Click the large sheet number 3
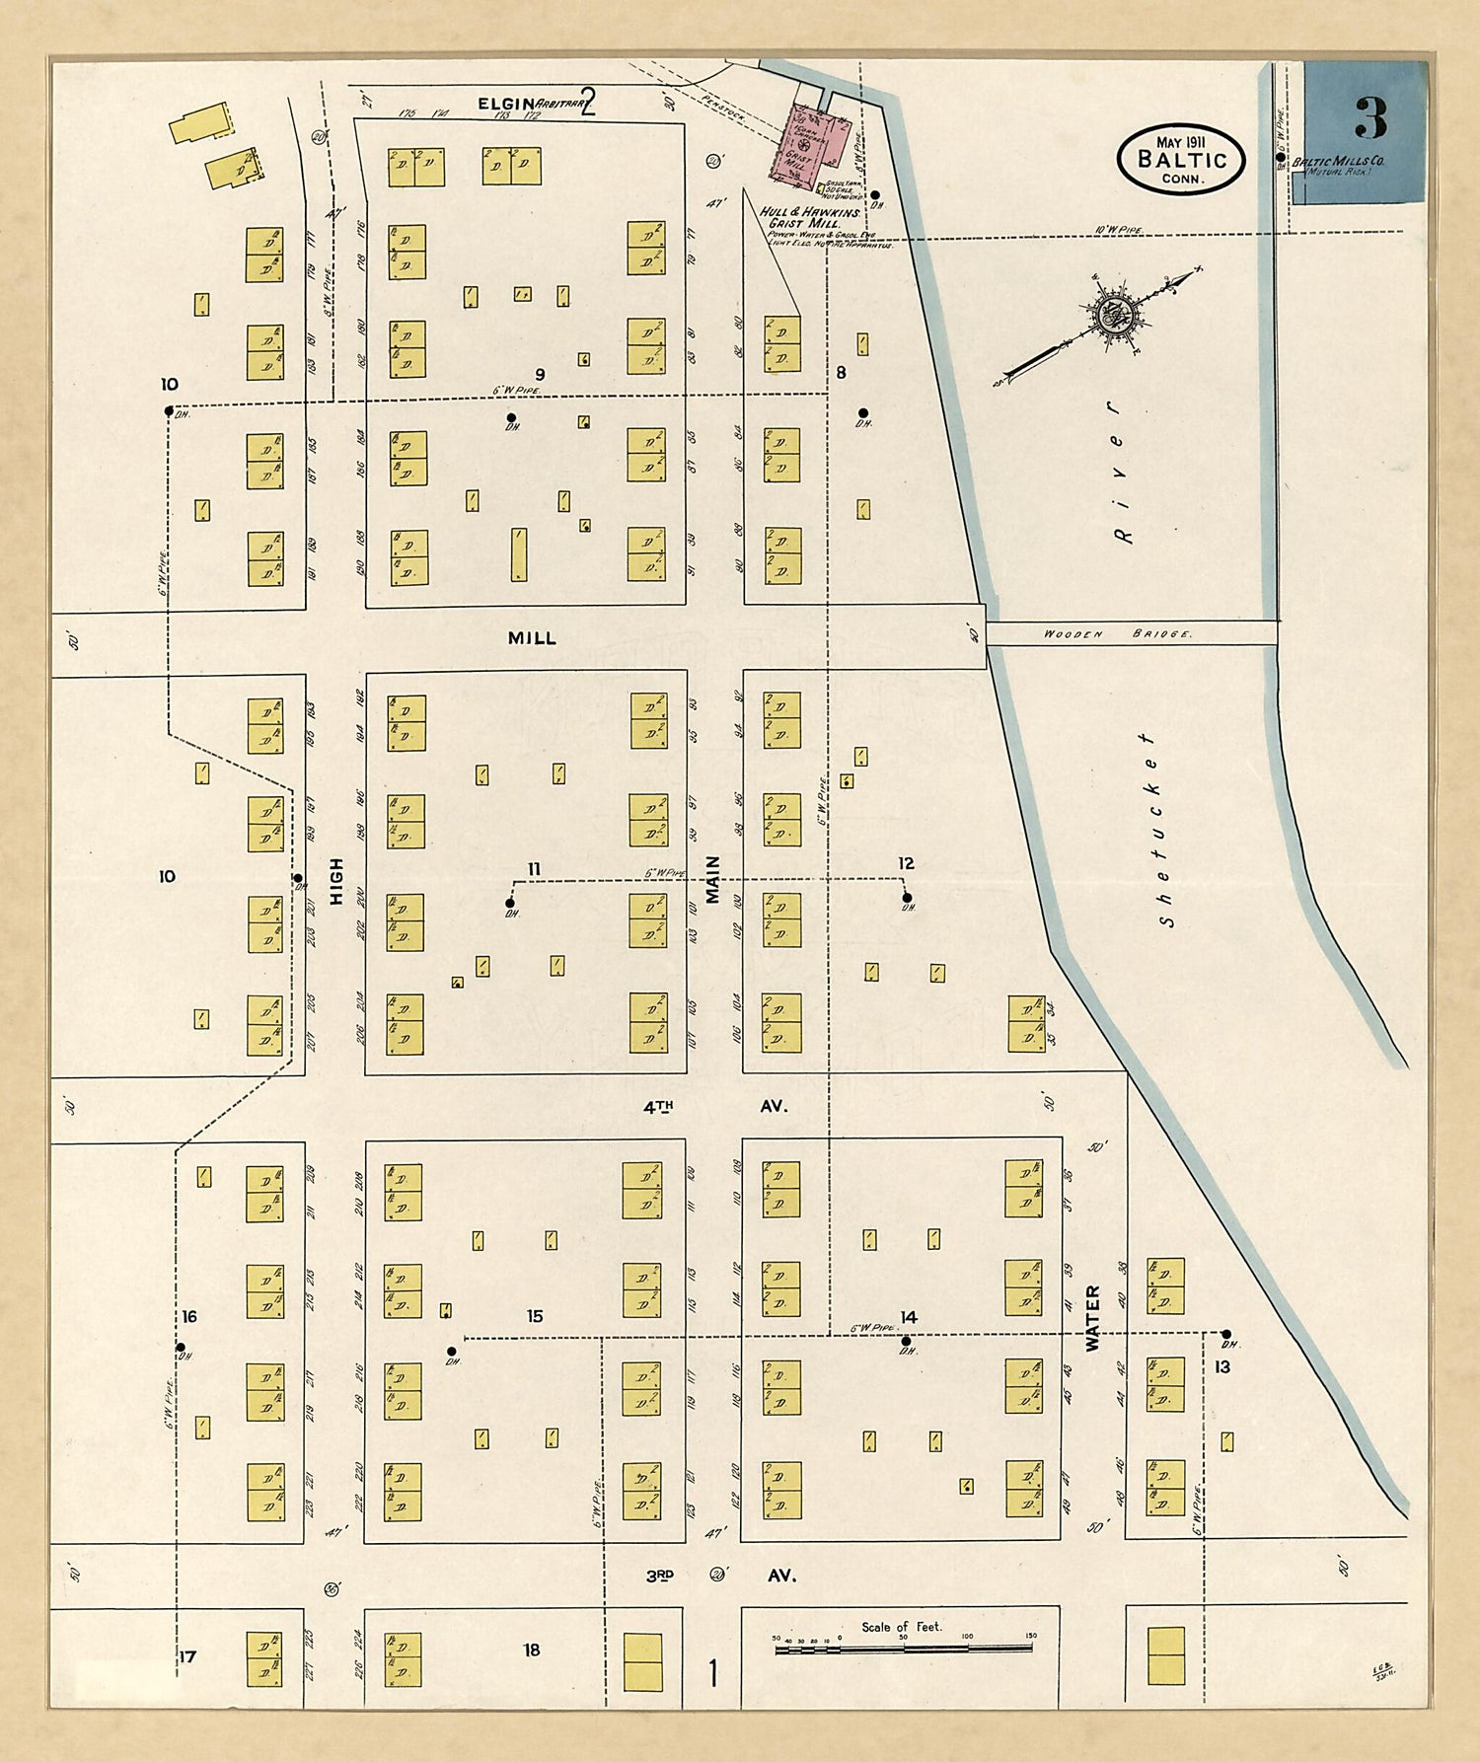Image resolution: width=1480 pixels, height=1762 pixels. point(1370,119)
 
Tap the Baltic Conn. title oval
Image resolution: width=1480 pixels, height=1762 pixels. point(1181,159)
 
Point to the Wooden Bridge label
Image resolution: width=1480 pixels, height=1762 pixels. point(1117,634)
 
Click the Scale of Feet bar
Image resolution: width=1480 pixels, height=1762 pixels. point(903,1647)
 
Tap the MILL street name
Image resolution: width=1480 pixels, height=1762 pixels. point(532,638)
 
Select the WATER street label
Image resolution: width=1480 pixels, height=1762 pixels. point(1092,1318)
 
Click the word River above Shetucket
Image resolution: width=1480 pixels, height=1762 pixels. point(1119,472)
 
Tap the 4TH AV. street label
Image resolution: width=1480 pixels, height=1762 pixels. point(714,1107)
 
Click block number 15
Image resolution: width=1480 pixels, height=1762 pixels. point(534,1316)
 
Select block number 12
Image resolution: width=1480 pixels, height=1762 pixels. point(906,863)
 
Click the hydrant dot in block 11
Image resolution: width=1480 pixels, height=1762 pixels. point(510,903)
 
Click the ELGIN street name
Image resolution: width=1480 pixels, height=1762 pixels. point(505,104)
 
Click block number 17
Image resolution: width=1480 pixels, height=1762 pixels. point(187,1656)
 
